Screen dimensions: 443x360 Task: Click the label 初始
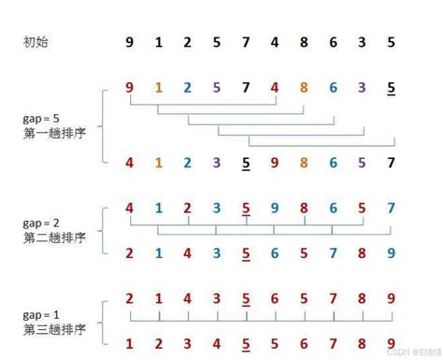point(35,42)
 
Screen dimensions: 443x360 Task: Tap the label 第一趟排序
point(48,133)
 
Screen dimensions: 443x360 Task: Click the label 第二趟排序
point(48,238)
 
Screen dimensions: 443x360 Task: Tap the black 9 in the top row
point(129,42)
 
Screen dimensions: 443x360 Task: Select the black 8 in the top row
point(304,42)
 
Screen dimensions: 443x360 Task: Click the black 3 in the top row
point(362,42)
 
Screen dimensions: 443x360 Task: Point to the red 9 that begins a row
point(129,89)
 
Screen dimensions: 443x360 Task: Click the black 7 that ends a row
point(391,164)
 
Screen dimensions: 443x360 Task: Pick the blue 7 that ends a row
point(391,208)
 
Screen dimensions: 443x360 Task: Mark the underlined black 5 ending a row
point(391,90)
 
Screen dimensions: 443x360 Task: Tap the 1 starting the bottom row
point(129,341)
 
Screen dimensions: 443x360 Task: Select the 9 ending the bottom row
point(391,341)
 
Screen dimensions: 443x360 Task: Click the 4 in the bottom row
point(216,341)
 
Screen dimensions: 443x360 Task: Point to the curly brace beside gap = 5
point(102,126)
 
